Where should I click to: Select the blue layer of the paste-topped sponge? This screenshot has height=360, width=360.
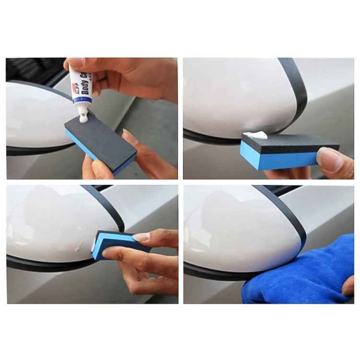click(278, 159)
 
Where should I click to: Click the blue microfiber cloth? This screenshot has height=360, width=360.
click(293, 278)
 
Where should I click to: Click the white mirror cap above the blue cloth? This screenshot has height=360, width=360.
click(235, 226)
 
